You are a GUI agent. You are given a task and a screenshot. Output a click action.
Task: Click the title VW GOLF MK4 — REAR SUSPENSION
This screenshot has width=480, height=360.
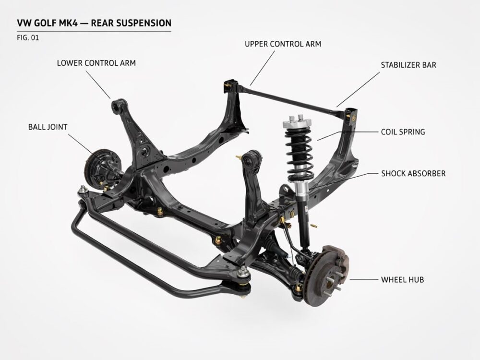[94, 23]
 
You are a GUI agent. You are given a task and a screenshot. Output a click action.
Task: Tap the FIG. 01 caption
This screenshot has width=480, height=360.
[28, 38]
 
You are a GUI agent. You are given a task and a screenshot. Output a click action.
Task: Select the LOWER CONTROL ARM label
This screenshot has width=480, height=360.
[96, 63]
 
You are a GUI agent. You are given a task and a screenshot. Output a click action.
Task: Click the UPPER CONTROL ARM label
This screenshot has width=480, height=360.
[283, 44]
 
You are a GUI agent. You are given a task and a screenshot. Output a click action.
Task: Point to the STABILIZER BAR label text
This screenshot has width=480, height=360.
[408, 65]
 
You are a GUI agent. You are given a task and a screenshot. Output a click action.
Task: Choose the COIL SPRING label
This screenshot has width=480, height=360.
[403, 132]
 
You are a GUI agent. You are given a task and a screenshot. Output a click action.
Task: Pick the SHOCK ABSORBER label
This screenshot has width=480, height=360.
[413, 174]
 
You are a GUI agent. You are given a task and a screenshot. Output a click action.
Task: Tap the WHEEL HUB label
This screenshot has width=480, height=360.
[402, 279]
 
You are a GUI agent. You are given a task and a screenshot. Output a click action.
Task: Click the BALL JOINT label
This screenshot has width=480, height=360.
[48, 127]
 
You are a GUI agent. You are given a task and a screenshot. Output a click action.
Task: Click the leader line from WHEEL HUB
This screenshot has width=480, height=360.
[364, 279]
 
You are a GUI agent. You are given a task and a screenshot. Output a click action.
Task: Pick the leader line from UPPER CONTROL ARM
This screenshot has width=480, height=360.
[262, 68]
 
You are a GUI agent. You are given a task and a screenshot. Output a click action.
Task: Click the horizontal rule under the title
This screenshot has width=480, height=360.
[94, 31]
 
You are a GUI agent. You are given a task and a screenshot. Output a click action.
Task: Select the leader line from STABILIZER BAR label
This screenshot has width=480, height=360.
[358, 90]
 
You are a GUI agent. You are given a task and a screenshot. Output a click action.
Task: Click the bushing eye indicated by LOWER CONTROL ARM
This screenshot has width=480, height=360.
[118, 106]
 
